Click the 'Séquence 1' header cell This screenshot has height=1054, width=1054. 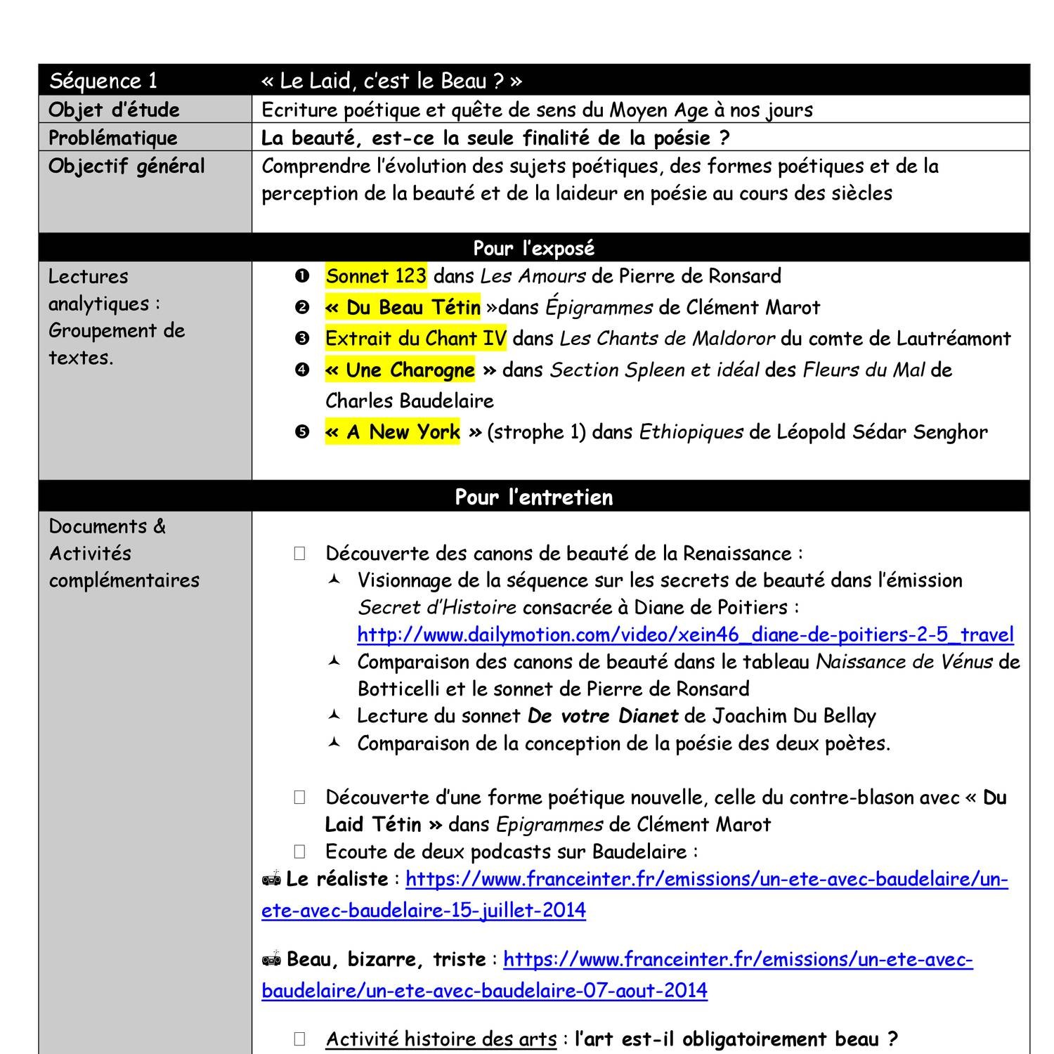[104, 81]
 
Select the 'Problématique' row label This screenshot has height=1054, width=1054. [112, 138]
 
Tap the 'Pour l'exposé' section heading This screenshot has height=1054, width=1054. [533, 248]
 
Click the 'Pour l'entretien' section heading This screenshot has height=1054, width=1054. [533, 497]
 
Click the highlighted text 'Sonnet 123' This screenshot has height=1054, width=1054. [376, 276]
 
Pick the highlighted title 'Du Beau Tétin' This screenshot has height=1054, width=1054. [403, 308]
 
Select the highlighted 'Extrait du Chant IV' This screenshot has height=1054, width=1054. [415, 339]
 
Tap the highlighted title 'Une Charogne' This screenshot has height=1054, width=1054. [401, 370]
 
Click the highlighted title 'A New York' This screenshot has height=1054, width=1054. [393, 432]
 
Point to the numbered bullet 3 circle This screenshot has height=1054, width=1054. [302, 339]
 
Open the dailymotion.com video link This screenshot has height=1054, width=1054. [685, 635]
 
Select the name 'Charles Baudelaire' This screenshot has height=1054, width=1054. [410, 401]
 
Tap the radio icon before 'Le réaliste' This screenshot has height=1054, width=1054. [272, 879]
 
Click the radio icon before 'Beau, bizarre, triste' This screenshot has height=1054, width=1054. [272, 959]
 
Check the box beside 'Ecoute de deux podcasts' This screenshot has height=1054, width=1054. [300, 852]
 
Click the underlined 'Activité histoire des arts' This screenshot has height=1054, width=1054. [441, 1039]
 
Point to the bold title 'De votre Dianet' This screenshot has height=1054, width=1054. [602, 716]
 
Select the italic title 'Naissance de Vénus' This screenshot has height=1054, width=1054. [904, 662]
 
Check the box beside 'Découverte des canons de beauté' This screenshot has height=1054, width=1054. [300, 554]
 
